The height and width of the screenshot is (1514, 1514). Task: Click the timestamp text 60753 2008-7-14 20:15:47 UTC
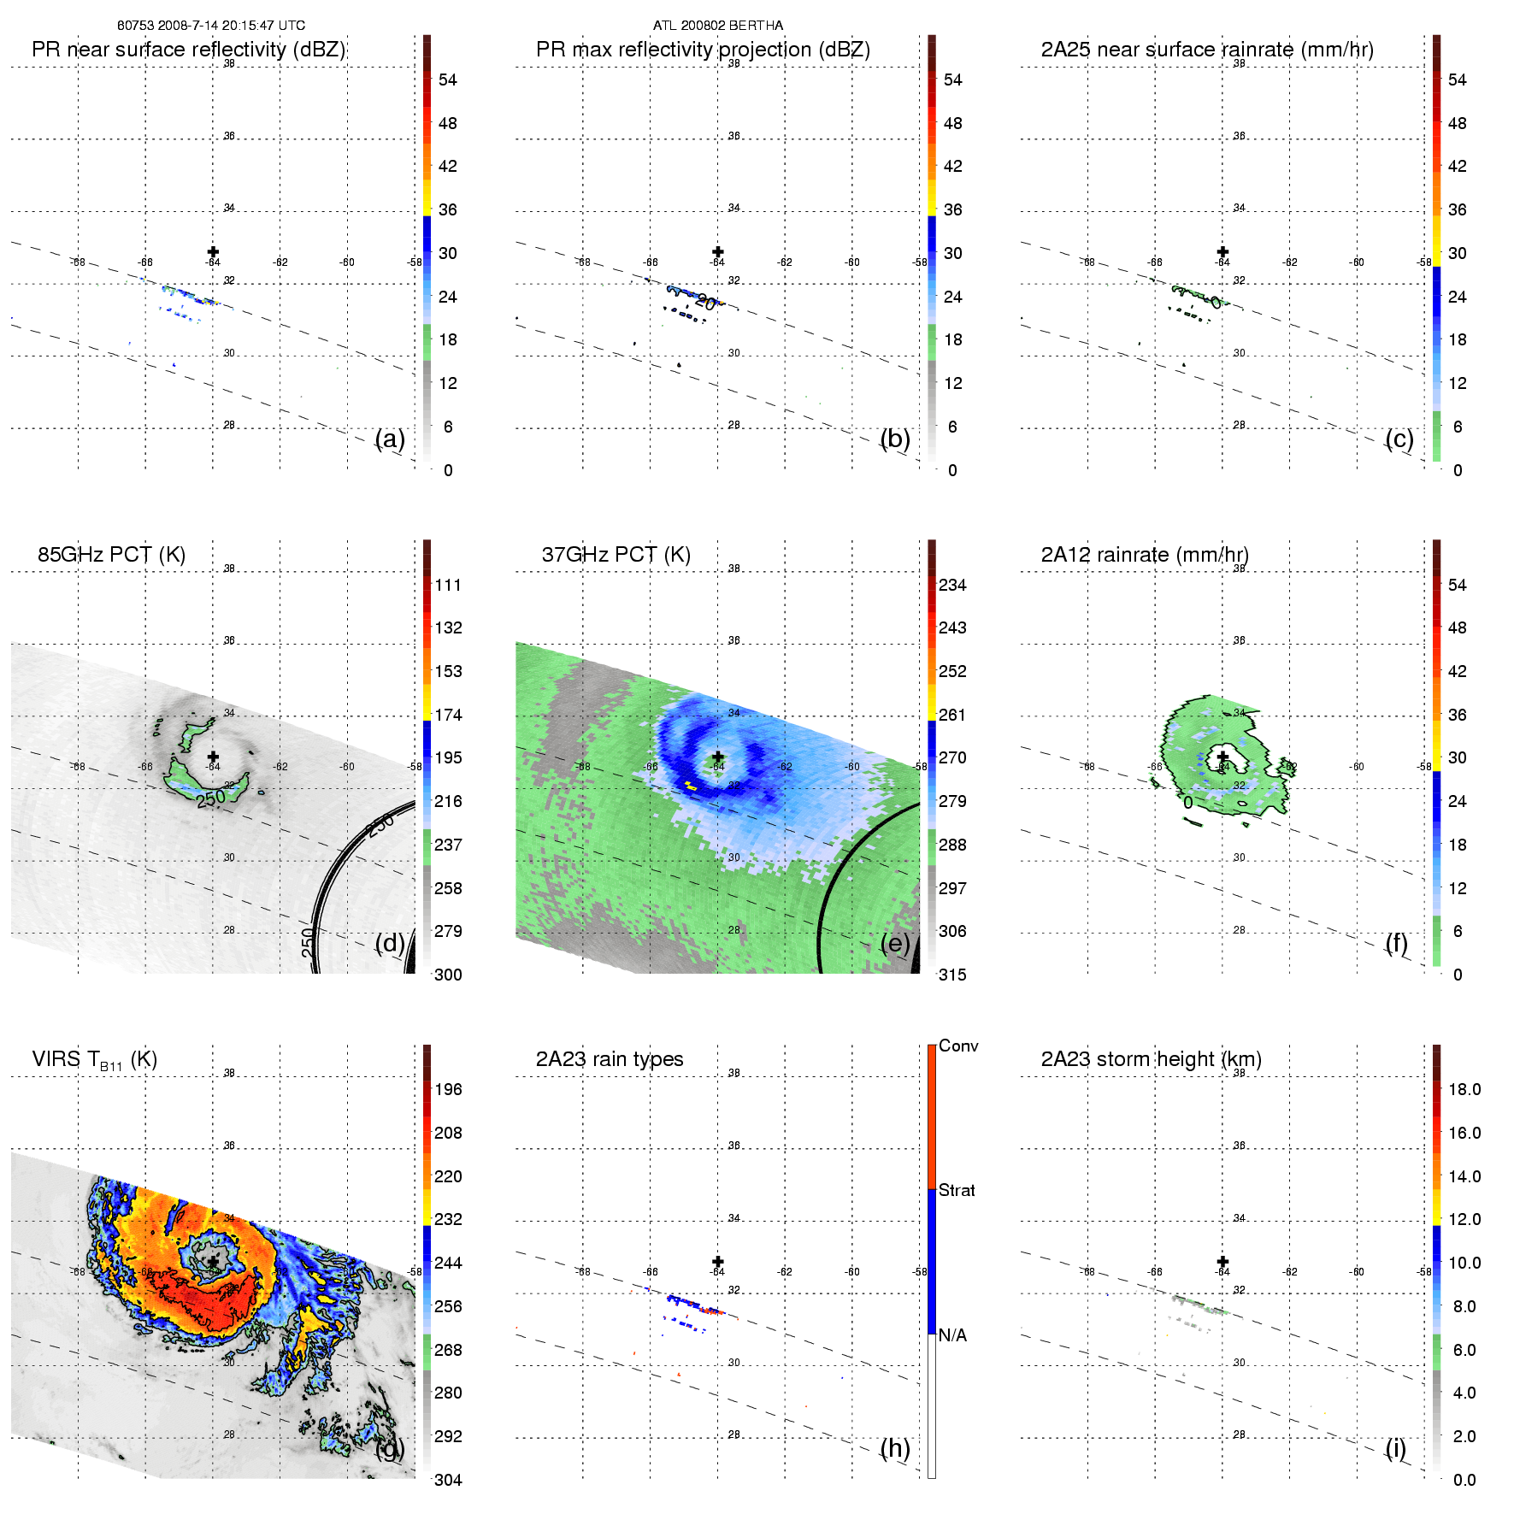coord(210,26)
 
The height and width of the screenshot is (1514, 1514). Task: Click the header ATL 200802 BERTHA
coord(718,26)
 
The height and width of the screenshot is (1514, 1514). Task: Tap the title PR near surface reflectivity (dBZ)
coord(188,50)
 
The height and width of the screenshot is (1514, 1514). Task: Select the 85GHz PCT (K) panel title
coord(111,555)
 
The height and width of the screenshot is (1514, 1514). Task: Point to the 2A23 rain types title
coord(610,1059)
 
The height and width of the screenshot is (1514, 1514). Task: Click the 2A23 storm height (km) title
coord(1151,1059)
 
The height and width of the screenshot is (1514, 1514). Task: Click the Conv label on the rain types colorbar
coord(958,1046)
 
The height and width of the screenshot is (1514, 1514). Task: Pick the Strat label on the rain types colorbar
coord(957,1190)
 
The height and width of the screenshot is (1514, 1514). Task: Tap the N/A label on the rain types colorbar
coord(953,1335)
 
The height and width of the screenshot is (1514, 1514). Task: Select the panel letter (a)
coord(390,439)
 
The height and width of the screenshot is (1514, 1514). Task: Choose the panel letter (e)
coord(894,943)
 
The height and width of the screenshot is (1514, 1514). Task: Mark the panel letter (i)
coord(1395,1448)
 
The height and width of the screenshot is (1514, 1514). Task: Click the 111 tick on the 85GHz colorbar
coord(448,586)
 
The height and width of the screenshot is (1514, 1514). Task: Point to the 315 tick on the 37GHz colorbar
coord(952,975)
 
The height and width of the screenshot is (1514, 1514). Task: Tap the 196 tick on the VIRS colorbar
coord(448,1090)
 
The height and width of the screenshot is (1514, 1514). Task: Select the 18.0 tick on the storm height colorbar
coord(1464,1090)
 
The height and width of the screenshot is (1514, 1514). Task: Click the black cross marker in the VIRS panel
coord(213,1262)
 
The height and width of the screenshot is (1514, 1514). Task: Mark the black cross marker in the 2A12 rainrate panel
coord(1222,757)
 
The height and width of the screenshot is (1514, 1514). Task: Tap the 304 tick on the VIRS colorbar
coord(448,1480)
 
